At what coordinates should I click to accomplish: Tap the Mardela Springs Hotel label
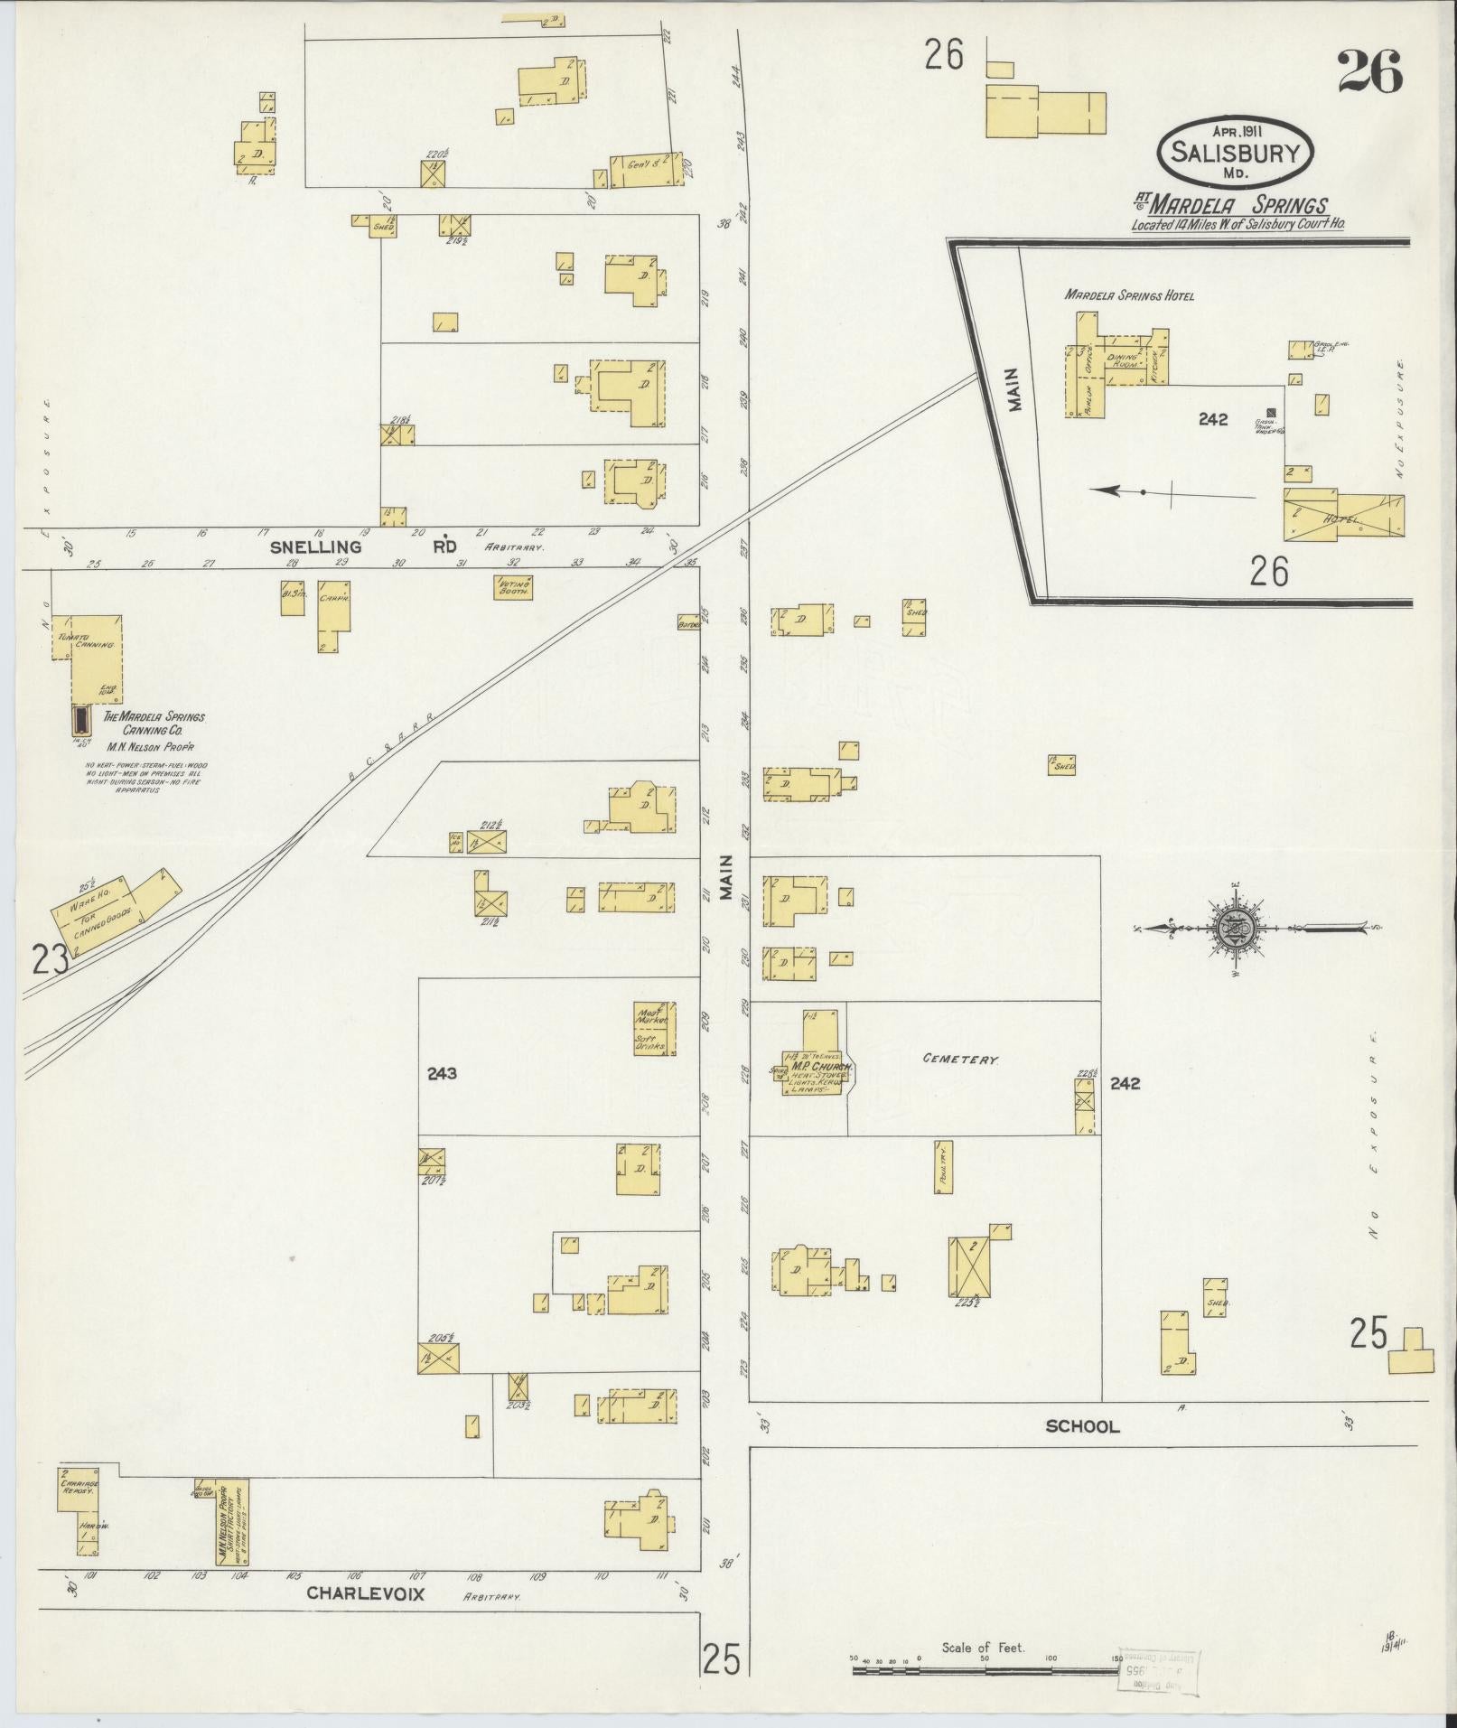[1128, 295]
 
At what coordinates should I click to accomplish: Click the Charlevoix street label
[365, 1594]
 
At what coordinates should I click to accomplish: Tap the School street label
[1081, 1427]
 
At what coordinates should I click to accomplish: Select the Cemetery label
[959, 1059]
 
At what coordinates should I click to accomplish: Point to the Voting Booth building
[513, 587]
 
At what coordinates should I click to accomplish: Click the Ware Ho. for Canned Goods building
[108, 909]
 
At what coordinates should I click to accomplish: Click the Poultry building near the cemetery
[944, 1166]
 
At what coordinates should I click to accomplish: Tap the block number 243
[442, 1073]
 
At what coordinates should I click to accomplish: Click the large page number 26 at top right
[1369, 72]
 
